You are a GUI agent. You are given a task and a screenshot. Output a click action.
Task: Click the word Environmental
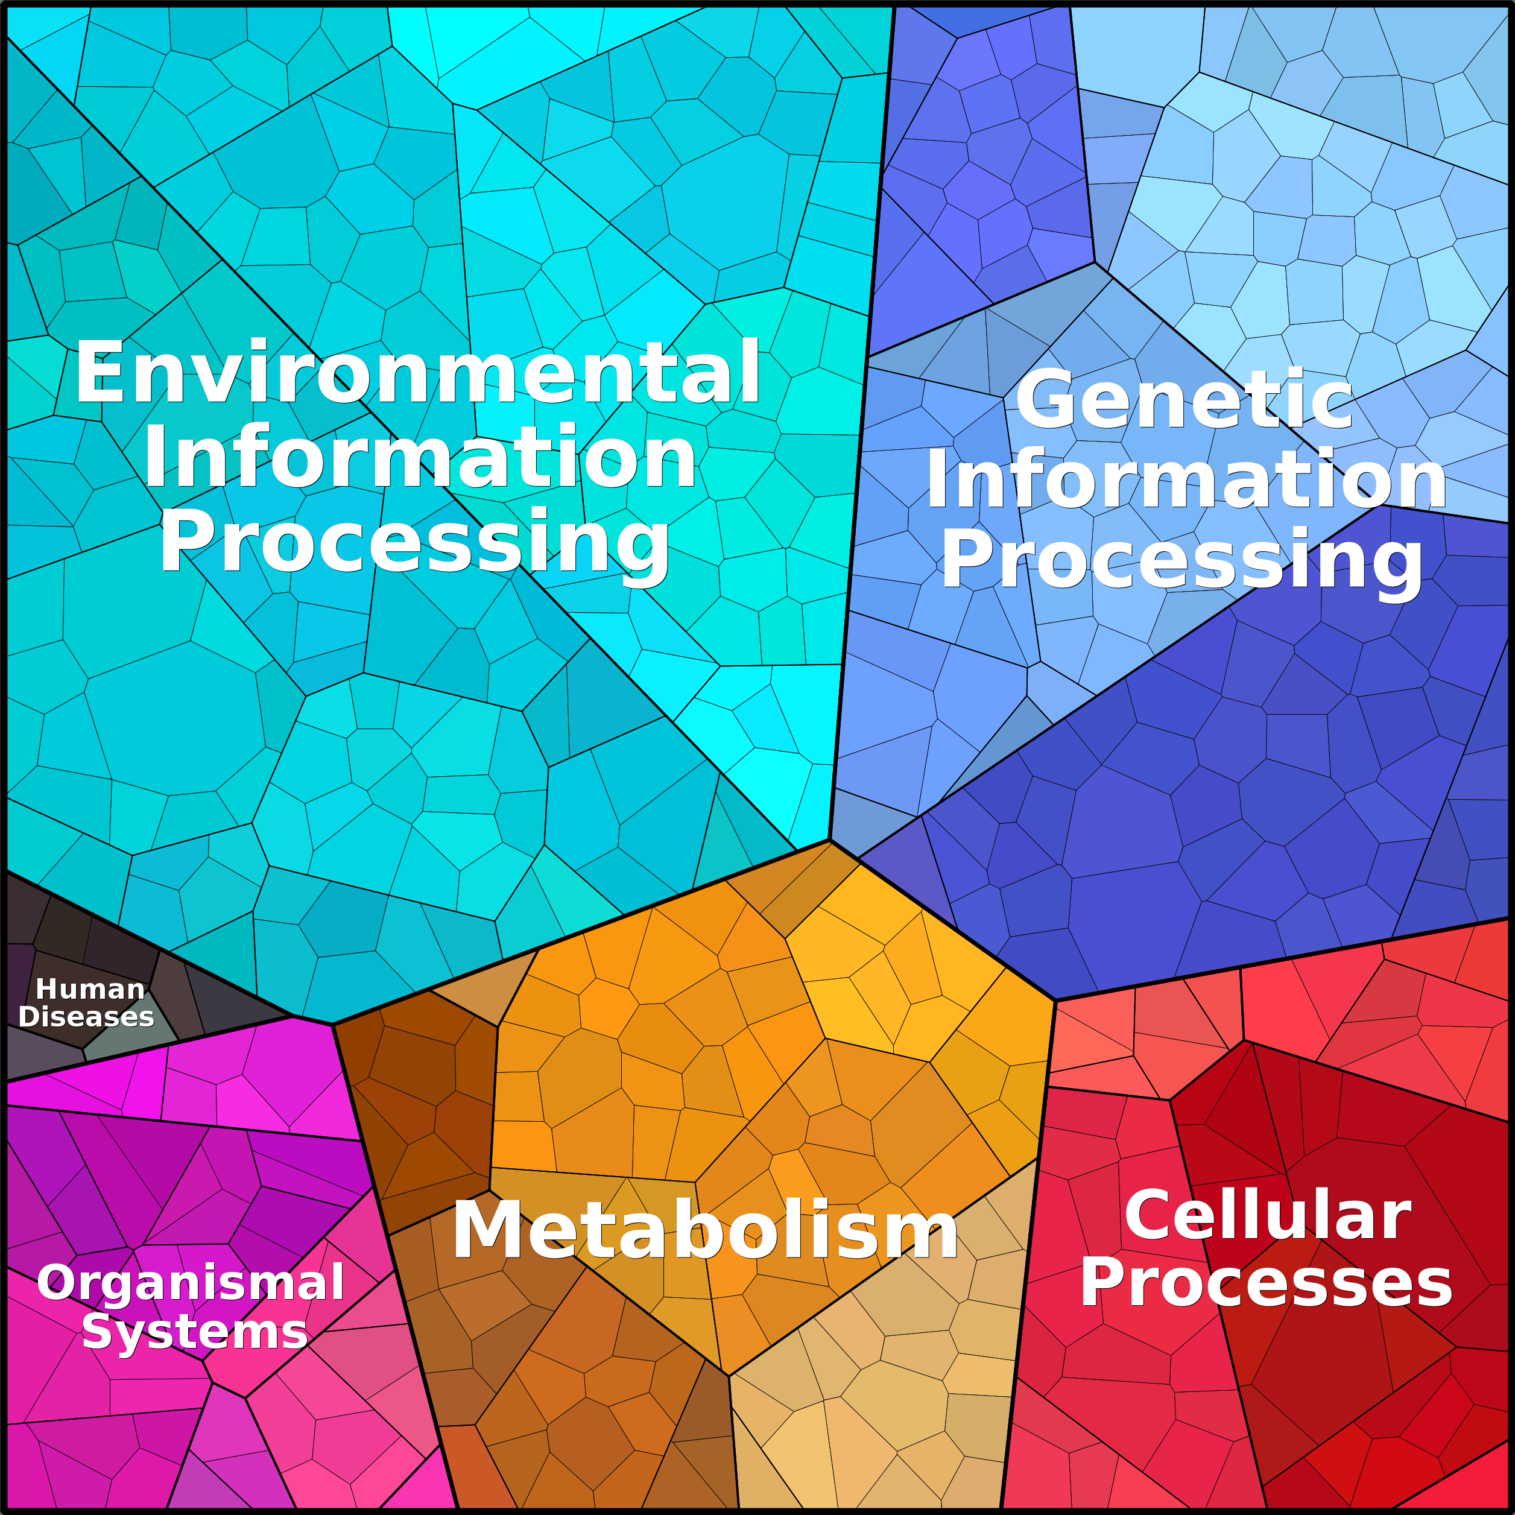pyautogui.click(x=417, y=373)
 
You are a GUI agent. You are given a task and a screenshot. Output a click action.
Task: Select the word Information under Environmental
pyautogui.click(x=420, y=458)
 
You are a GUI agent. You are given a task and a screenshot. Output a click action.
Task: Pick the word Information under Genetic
pyautogui.click(x=1186, y=480)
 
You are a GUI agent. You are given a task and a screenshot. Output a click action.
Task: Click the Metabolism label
pyautogui.click(x=705, y=1230)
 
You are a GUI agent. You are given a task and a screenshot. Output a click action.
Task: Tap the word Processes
pyautogui.click(x=1266, y=1283)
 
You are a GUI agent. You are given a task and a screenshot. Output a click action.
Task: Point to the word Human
pyautogui.click(x=91, y=990)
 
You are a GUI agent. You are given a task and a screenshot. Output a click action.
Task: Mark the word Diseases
pyautogui.click(x=86, y=1017)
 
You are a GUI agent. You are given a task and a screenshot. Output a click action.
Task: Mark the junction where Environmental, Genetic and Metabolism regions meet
pyautogui.click(x=830, y=840)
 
